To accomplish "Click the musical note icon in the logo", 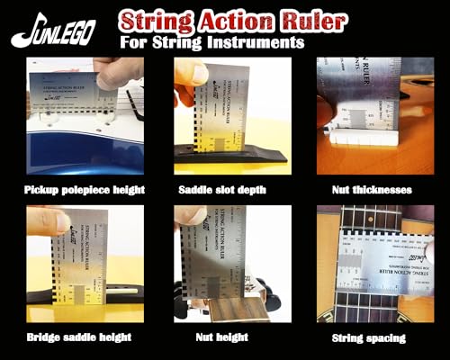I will (23, 32).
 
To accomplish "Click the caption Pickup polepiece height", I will (86, 191).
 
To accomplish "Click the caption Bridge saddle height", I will (80, 337).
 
